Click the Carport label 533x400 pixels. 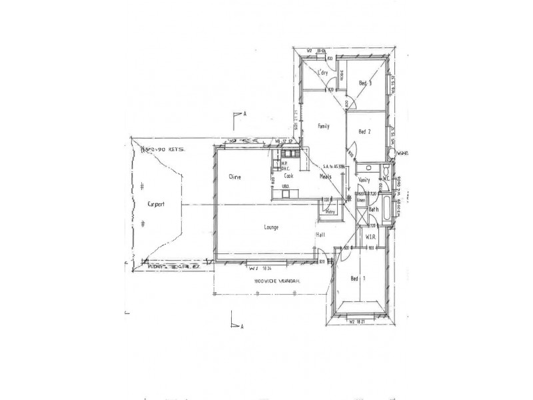pyautogui.click(x=155, y=204)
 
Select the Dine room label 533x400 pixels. pyautogui.click(x=234, y=177)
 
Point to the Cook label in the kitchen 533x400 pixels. pyautogui.click(x=288, y=177)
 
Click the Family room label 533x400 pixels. pyautogui.click(x=324, y=125)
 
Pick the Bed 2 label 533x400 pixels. pyautogui.click(x=364, y=131)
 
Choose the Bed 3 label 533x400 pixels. pyautogui.click(x=364, y=83)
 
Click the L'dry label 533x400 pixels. pyautogui.click(x=324, y=72)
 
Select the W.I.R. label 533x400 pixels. pyautogui.click(x=371, y=237)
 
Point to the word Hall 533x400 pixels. pyautogui.click(x=320, y=235)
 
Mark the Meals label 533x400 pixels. pyautogui.click(x=326, y=177)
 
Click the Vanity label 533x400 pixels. pyautogui.click(x=364, y=180)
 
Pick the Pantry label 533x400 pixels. pyautogui.click(x=329, y=211)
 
